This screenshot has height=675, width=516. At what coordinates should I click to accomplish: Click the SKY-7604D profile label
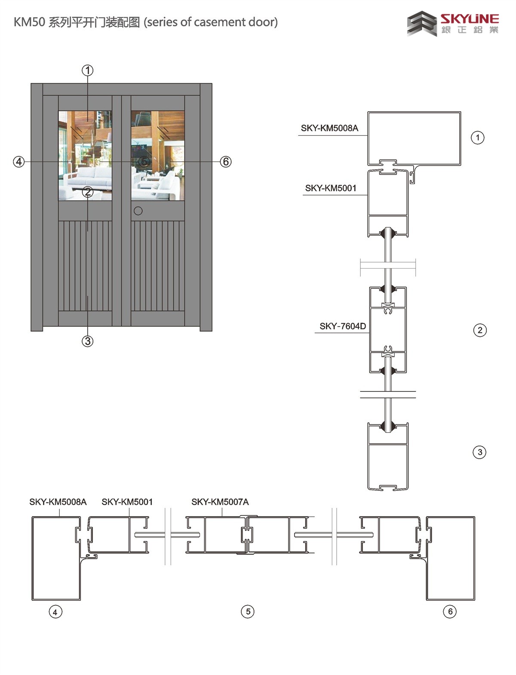[x=342, y=326]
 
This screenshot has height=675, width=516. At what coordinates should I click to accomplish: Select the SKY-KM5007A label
[x=220, y=502]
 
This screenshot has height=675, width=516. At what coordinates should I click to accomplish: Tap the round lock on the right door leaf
[x=138, y=211]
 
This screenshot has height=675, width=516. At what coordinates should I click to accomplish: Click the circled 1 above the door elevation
[x=88, y=70]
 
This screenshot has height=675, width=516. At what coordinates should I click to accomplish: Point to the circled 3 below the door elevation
[x=88, y=341]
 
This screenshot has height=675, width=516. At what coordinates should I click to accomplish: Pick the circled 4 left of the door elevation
[x=19, y=162]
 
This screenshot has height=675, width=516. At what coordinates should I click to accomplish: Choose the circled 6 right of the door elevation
[x=226, y=162]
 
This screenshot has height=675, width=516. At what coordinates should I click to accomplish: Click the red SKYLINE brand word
[x=470, y=19]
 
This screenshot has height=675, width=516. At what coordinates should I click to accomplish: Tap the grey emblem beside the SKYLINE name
[x=422, y=24]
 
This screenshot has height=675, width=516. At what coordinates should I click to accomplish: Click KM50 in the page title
[x=30, y=22]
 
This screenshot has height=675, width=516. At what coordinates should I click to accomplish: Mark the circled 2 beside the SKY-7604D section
[x=480, y=330]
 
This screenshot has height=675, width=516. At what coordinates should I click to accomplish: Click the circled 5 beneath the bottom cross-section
[x=248, y=611]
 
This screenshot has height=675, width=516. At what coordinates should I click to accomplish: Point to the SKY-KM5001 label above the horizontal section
[x=127, y=502]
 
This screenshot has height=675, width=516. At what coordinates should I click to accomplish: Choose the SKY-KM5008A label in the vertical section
[x=329, y=128]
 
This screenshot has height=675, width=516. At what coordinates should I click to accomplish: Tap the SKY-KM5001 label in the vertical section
[x=331, y=188]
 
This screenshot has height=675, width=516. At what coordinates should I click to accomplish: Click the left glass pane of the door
[x=85, y=156]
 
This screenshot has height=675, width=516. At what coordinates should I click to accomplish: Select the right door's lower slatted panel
[x=158, y=266]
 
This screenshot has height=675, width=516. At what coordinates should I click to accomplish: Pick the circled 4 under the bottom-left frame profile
[x=55, y=612]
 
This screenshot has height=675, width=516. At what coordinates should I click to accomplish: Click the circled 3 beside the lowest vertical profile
[x=479, y=452]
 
